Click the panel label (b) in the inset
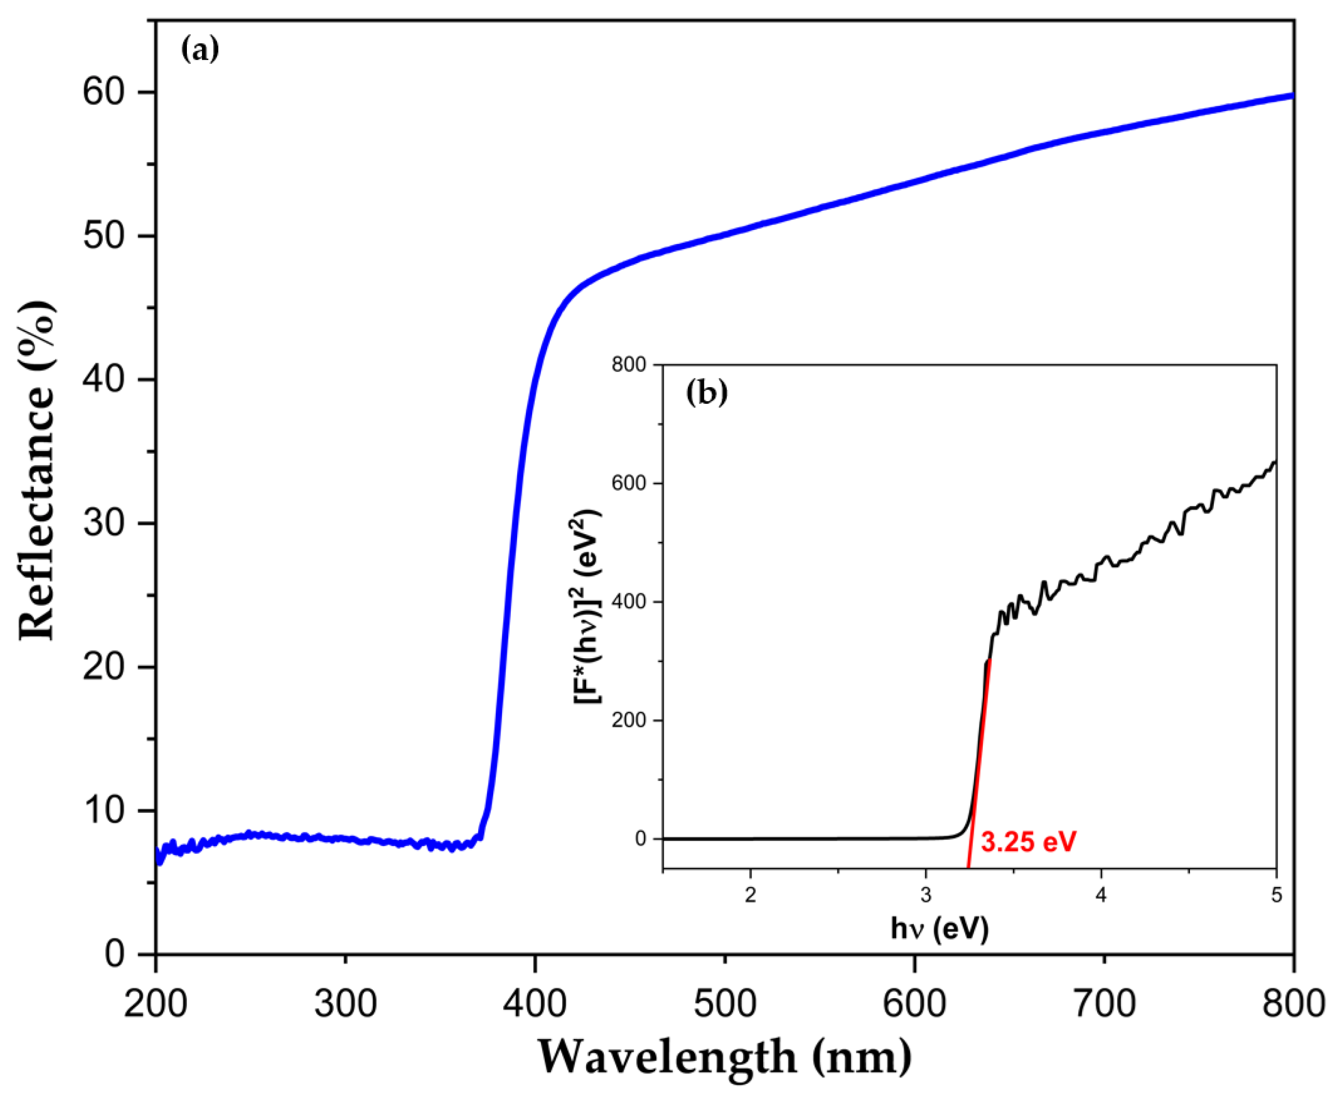[707, 393]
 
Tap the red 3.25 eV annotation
[1029, 842]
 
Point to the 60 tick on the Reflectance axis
[105, 93]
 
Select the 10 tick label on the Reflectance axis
[105, 811]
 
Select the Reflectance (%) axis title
[37, 470]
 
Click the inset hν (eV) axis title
[939, 929]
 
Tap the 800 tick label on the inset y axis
[629, 364]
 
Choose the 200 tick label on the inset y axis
[629, 720]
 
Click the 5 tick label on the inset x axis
[1277, 896]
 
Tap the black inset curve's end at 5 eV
[1275, 462]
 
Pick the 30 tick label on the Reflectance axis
[105, 524]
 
